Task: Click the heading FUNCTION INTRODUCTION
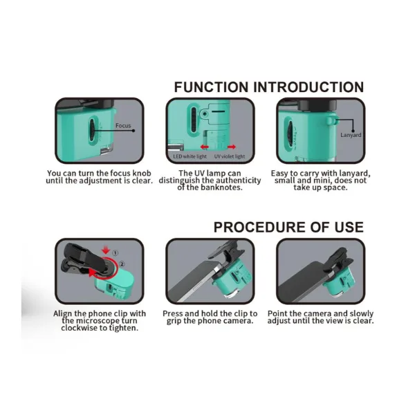[x=269, y=87]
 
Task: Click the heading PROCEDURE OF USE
[x=288, y=227]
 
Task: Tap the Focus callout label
[x=123, y=125]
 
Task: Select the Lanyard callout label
[x=351, y=135]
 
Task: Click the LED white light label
[x=190, y=156]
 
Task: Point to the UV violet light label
[x=230, y=156]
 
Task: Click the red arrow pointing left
[x=204, y=147]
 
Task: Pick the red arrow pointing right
[x=232, y=147]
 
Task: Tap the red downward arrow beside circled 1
[x=106, y=250]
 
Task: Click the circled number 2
[x=122, y=264]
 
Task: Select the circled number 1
[x=115, y=252]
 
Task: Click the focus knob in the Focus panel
[x=92, y=131]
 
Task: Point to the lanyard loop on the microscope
[x=331, y=120]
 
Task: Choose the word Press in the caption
[x=173, y=313]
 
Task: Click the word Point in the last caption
[x=277, y=313]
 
